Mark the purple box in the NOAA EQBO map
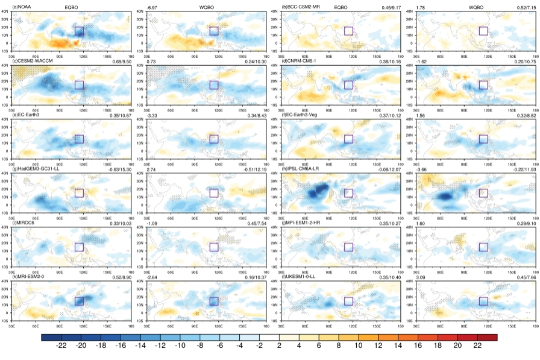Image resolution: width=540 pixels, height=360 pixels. point(79,31)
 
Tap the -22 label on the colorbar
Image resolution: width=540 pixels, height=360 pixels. point(61,346)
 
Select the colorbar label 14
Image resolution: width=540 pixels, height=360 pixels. point(398,346)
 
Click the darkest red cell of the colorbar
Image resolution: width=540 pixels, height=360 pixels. point(488,337)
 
